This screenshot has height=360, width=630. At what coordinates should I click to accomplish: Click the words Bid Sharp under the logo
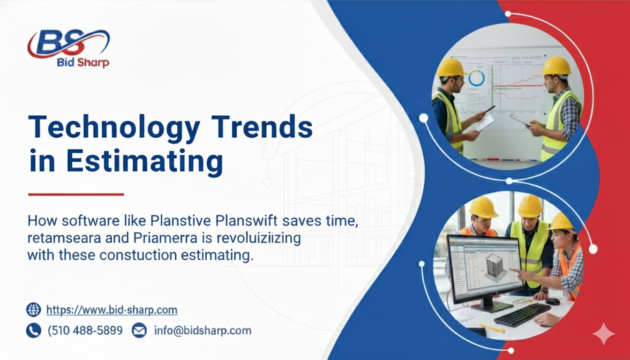click(82, 62)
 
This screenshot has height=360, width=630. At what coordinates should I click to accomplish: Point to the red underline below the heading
click(76, 194)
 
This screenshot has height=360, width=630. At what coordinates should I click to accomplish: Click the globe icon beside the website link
click(34, 310)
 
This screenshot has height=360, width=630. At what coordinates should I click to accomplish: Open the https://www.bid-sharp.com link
click(112, 310)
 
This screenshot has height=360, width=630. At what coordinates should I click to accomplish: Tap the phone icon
click(34, 330)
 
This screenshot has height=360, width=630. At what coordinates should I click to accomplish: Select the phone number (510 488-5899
click(85, 330)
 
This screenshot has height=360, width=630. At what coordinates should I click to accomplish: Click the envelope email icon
click(139, 330)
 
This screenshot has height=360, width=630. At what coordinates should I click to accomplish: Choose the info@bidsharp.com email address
click(202, 330)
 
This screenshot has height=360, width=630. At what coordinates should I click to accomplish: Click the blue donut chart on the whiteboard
click(476, 78)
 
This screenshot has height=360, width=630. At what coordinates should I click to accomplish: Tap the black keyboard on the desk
click(522, 315)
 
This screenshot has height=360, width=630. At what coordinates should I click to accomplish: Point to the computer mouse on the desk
click(553, 301)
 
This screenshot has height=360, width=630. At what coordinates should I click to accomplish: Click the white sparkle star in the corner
click(603, 334)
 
